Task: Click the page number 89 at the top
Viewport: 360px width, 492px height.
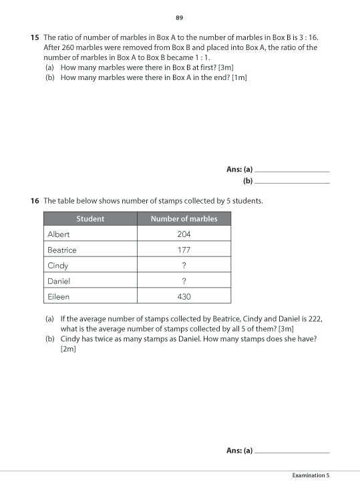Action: [x=179, y=17]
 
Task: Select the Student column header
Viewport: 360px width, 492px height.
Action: [x=90, y=219]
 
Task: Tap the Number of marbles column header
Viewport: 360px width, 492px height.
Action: [x=184, y=219]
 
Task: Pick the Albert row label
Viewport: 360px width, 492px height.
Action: [x=59, y=234]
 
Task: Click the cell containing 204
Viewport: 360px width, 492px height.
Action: [x=184, y=234]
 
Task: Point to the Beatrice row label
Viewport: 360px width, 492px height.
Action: [x=62, y=250]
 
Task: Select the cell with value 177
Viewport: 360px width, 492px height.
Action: [x=184, y=250]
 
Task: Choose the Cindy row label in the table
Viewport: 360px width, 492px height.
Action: [x=58, y=266]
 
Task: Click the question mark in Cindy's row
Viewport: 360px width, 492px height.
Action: [x=184, y=266]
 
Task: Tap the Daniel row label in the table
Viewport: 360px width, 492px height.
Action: [x=59, y=281]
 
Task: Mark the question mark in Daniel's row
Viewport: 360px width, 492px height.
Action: [x=184, y=281]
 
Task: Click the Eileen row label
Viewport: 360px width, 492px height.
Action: [x=58, y=296]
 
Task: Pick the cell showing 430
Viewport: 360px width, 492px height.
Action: [x=184, y=296]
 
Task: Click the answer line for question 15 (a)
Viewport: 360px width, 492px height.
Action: [x=293, y=171]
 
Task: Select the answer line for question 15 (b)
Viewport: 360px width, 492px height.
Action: [x=293, y=182]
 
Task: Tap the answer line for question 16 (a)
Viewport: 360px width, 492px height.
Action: [x=293, y=452]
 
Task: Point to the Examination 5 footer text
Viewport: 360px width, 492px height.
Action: [x=311, y=475]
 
